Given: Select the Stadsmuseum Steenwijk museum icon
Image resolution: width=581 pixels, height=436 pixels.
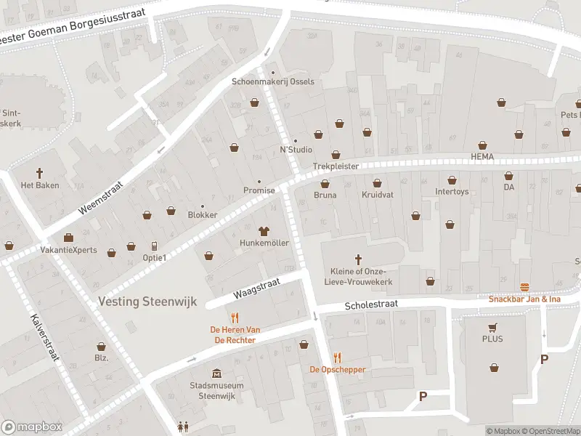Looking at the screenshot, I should (x=216, y=373).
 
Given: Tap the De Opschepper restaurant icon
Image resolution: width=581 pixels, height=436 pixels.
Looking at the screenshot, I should (x=337, y=357).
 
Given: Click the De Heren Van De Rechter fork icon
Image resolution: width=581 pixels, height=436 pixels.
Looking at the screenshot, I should (x=235, y=318).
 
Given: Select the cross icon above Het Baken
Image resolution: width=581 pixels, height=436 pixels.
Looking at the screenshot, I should (x=40, y=173).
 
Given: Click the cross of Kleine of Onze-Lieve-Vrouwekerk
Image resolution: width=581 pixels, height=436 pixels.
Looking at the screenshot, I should (x=357, y=259).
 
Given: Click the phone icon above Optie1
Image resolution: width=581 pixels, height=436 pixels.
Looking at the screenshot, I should (x=154, y=246).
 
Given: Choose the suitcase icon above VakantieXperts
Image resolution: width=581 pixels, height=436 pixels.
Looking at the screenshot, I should (x=68, y=237).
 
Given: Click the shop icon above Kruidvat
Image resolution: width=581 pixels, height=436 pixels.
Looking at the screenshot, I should (x=376, y=182).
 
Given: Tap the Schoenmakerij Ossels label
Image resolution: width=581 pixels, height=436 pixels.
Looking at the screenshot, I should (x=273, y=81).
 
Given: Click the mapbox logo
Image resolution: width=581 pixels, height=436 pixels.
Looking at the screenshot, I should (x=31, y=427).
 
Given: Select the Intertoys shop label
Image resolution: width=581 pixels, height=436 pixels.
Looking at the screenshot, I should (x=452, y=193).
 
